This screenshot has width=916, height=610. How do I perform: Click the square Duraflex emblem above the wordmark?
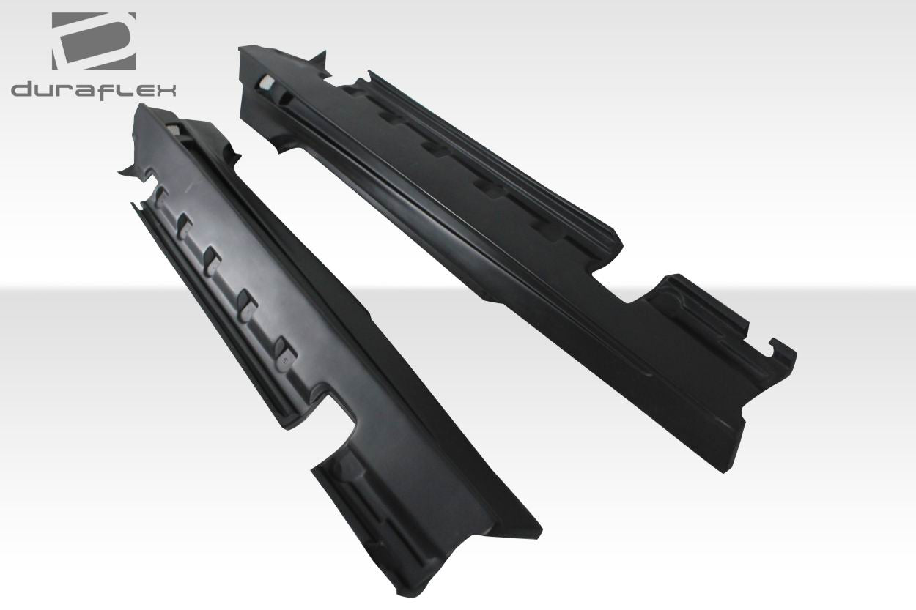tap(93, 42)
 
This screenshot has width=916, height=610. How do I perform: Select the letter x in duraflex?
tap(164, 90)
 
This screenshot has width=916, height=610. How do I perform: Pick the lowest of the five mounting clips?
tap(282, 351)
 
